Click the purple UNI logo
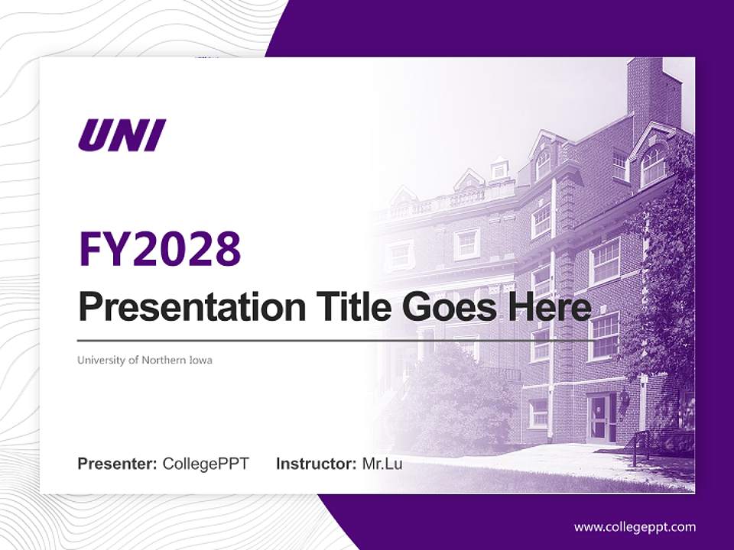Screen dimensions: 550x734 [x=122, y=135]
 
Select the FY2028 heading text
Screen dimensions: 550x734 [x=160, y=248]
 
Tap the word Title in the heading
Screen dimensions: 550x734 [x=349, y=308]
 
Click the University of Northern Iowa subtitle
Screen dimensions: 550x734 [x=145, y=360]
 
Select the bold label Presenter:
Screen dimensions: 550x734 [x=117, y=464]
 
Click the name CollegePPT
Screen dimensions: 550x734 [x=206, y=464]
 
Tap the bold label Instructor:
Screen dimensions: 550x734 [x=316, y=464]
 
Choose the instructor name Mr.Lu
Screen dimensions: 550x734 [x=382, y=464]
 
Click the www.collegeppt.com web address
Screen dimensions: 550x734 [x=635, y=526]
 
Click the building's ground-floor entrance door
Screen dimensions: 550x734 [x=599, y=418]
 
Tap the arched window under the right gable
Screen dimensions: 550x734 [x=652, y=166]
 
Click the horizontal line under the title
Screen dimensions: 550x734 [x=333, y=340]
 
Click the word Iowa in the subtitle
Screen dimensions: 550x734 [x=200, y=360]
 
